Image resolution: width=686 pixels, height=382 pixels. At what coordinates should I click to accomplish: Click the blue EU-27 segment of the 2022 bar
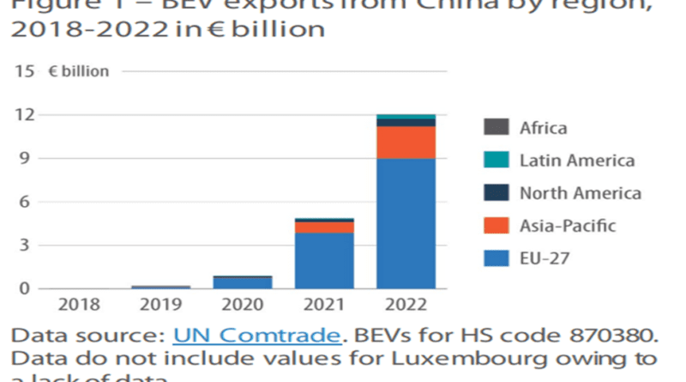pyautogui.click(x=405, y=223)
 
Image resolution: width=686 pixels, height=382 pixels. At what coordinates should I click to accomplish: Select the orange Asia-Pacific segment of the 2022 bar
pyautogui.click(x=405, y=142)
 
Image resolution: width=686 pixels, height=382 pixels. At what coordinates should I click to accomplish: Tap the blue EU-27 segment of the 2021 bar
pyautogui.click(x=324, y=260)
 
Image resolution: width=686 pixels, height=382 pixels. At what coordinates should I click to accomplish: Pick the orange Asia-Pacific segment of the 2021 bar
pyautogui.click(x=324, y=227)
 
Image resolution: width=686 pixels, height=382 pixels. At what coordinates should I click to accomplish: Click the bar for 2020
pyautogui.click(x=244, y=282)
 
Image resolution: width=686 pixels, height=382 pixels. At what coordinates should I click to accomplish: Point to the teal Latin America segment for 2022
pyautogui.click(x=405, y=117)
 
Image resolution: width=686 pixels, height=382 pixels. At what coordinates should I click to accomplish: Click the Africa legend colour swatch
pyautogui.click(x=496, y=128)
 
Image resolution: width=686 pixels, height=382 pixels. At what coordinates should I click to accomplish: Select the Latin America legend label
pyautogui.click(x=576, y=161)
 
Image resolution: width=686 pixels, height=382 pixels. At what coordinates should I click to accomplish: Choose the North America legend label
pyautogui.click(x=580, y=193)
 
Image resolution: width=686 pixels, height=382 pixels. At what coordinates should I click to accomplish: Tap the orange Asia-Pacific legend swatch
pyautogui.click(x=496, y=226)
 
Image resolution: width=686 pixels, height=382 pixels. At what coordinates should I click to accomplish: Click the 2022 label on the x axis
pyautogui.click(x=405, y=305)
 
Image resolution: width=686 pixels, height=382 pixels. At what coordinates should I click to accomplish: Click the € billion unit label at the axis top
pyautogui.click(x=78, y=71)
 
